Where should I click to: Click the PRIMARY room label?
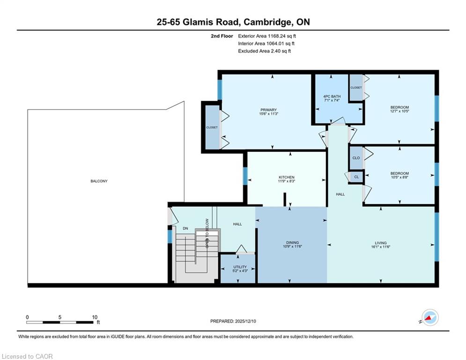pos(268,110)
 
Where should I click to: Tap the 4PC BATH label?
pos(332,97)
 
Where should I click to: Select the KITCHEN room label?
pos(286,177)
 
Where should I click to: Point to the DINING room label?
pos(292,242)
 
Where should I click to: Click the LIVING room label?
pos(380,243)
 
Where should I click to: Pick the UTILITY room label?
pos(240,267)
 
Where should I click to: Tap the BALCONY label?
pos(99,181)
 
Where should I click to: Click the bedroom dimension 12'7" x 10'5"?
pos(399,111)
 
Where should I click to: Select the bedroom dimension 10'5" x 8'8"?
pos(399,177)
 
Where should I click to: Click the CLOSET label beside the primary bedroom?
pos(212,127)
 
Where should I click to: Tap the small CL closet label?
pos(356,177)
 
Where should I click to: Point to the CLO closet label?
pos(356,157)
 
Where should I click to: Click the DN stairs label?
pos(185,228)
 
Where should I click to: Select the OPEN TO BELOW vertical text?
pos(207,233)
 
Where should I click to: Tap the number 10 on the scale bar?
pos(95,317)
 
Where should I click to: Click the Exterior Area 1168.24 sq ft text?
pos(267,36)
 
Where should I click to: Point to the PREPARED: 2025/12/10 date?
pos(233,321)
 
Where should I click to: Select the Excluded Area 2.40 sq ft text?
pos(264,51)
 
